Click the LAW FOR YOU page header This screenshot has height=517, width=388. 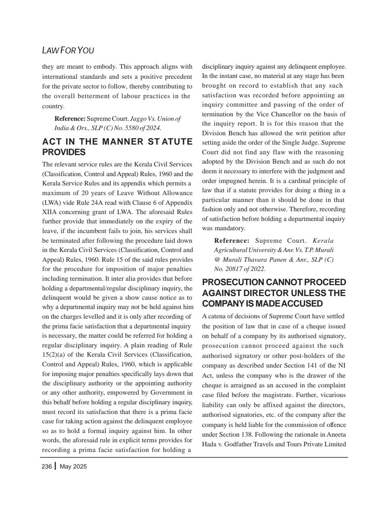[68, 50]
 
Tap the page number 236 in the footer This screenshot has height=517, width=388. [46, 467]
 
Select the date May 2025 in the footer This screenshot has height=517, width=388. [73, 467]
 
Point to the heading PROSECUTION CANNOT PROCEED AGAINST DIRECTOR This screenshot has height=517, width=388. [274, 293]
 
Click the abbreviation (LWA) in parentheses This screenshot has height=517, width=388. [52, 202]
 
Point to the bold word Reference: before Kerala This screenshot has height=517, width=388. [232, 240]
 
